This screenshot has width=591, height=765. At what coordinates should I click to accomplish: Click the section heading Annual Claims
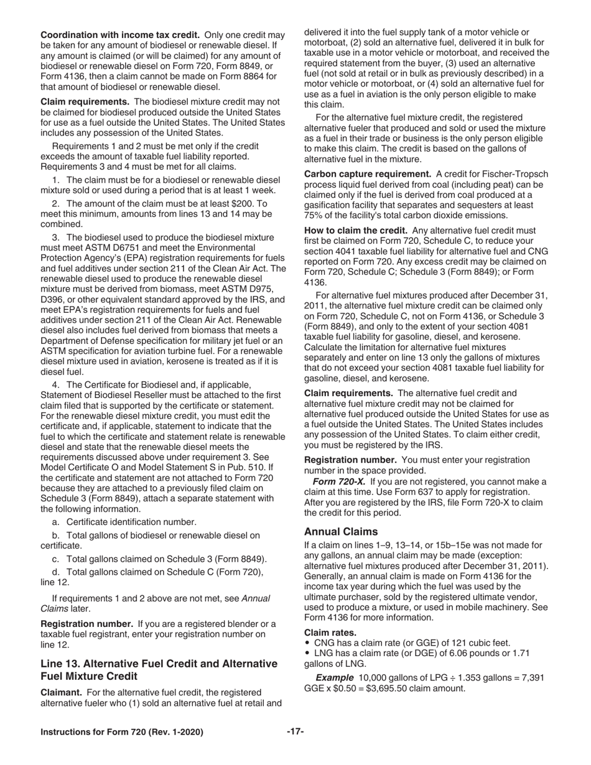point(340,531)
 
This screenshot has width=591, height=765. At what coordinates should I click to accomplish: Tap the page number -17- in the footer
point(295,732)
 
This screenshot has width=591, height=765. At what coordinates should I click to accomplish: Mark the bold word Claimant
point(61,692)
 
